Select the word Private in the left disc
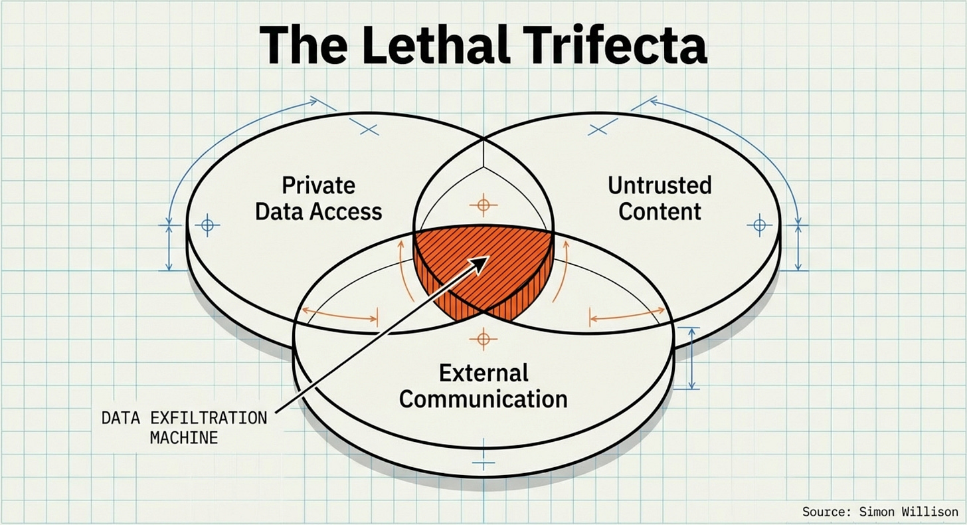pyautogui.click(x=318, y=185)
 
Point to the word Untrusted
pyautogui.click(x=659, y=185)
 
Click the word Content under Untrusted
pyautogui.click(x=659, y=211)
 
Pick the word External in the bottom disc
pyautogui.click(x=483, y=372)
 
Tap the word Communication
pyautogui.click(x=483, y=399)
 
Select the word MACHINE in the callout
pyautogui.click(x=184, y=438)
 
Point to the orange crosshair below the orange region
pyautogui.click(x=483, y=340)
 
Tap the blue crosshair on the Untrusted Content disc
pyautogui.click(x=759, y=226)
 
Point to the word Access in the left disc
pyautogui.click(x=349, y=211)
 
